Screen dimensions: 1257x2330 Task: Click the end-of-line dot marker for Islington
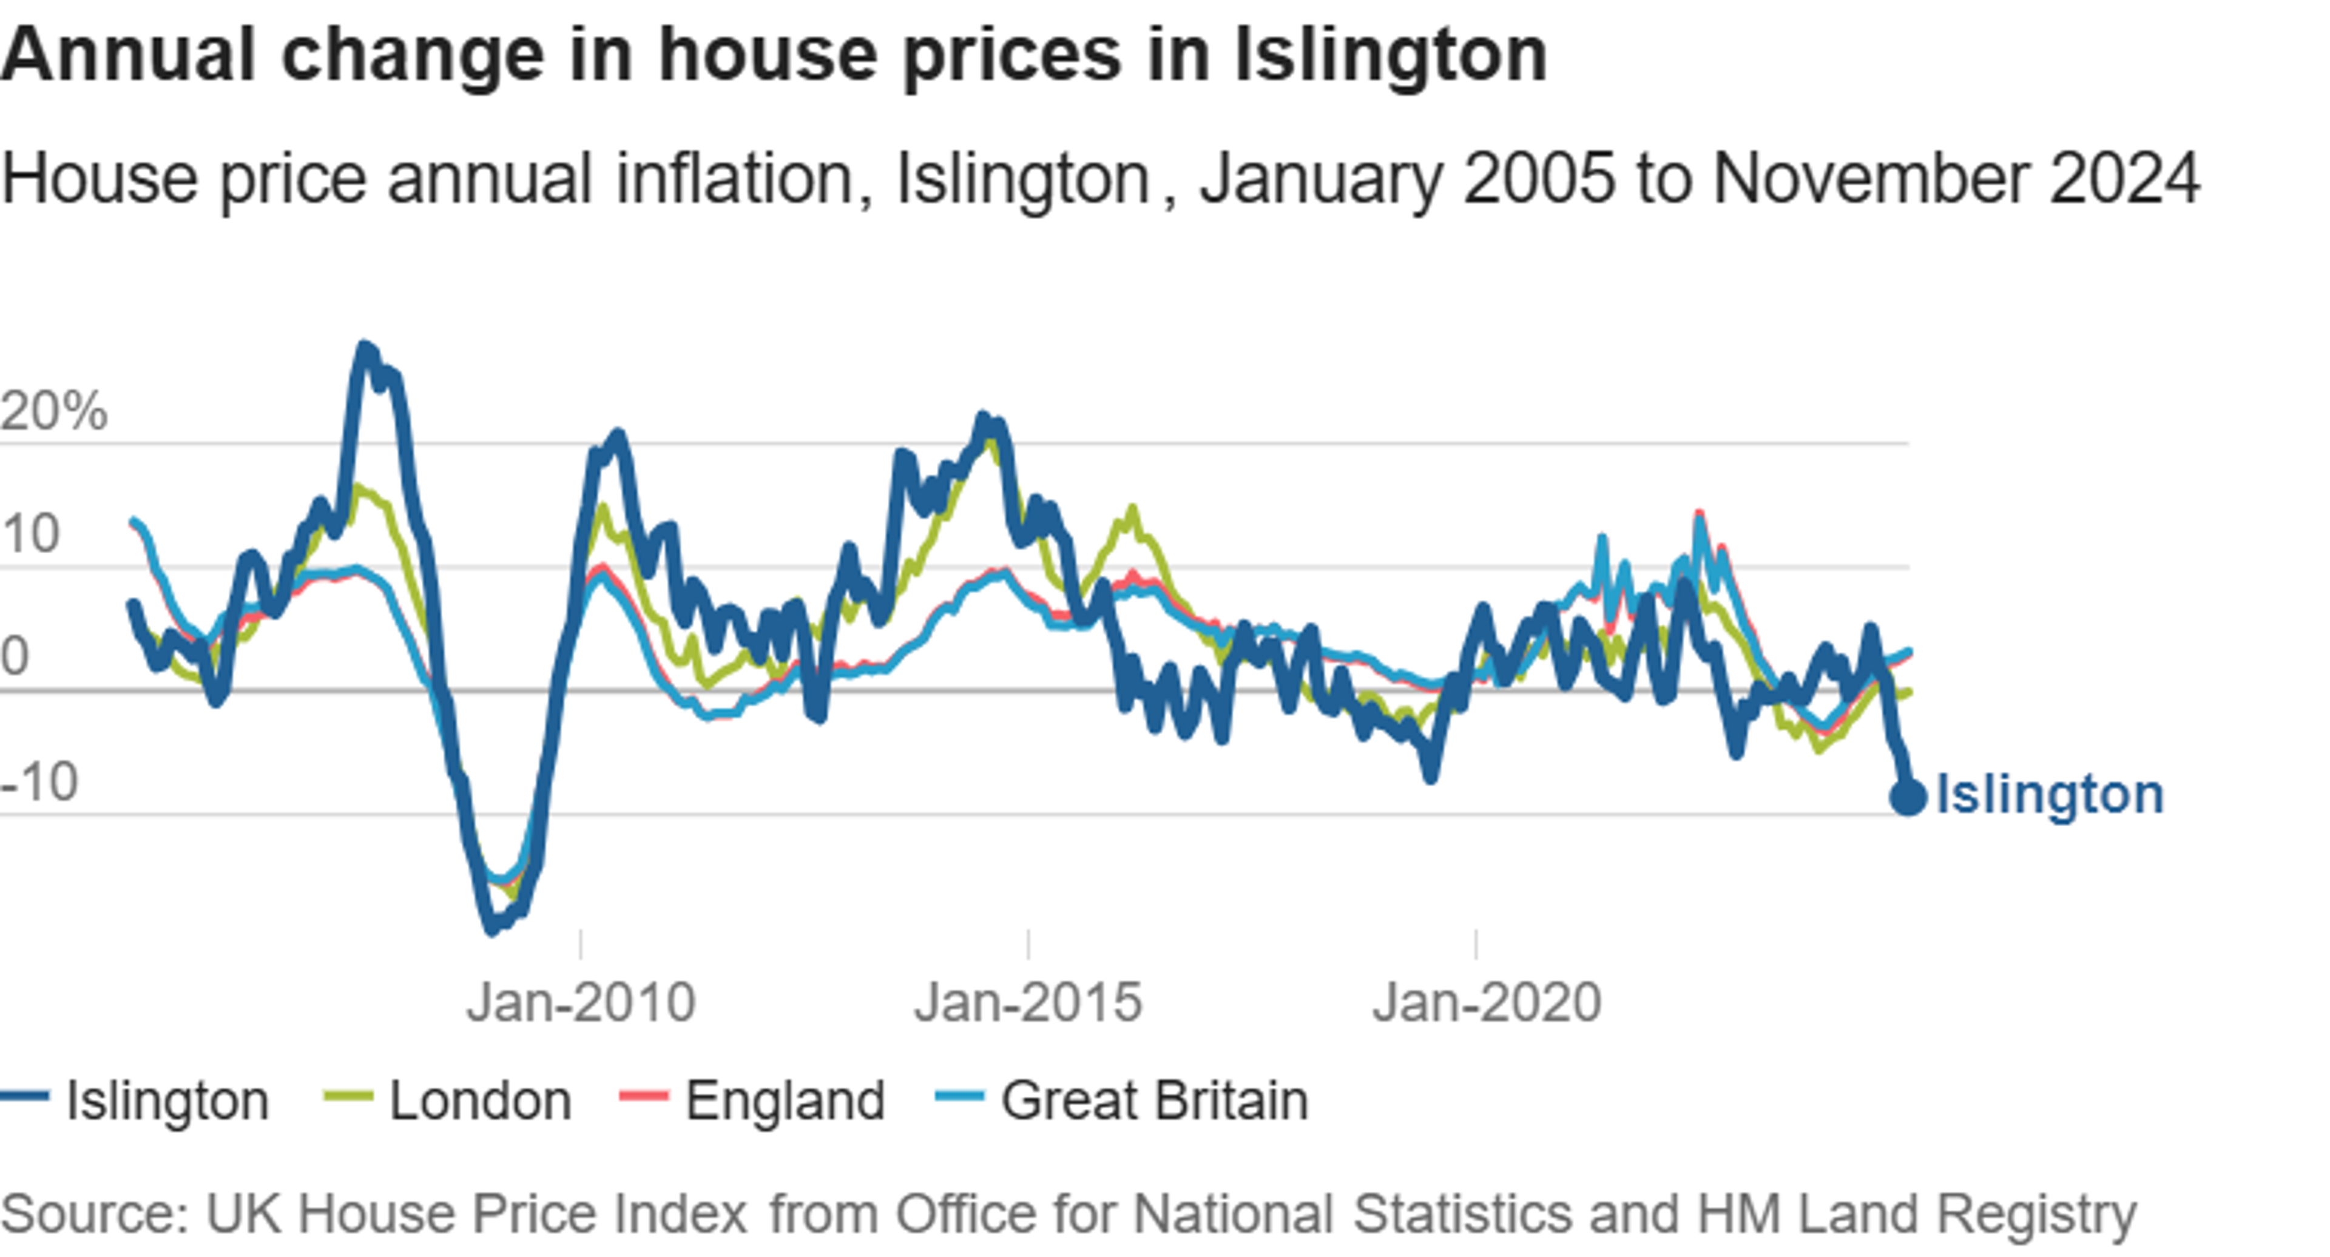(1908, 797)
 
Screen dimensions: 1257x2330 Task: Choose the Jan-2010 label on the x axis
(580, 1002)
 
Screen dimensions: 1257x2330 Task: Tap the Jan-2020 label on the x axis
(1486, 1002)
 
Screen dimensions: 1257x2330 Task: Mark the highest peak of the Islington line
(365, 346)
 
